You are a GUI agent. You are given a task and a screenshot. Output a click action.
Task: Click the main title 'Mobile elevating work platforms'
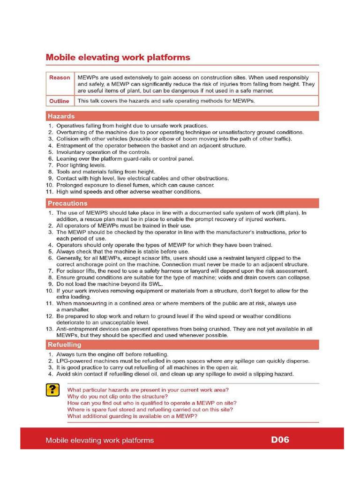pos(118,58)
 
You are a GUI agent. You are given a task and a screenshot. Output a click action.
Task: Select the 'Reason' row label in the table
pos(60,78)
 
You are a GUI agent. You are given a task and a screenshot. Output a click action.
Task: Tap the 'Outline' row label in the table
pos(60,101)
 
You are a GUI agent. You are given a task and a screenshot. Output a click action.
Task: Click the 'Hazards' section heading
pos(61,116)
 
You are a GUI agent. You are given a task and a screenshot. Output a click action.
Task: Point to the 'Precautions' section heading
pos(67,203)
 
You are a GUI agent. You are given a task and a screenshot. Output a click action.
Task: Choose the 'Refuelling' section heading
pos(64,345)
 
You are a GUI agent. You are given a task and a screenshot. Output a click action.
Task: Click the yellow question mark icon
pos(52,390)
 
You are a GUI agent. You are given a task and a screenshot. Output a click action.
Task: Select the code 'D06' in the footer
pos(280,440)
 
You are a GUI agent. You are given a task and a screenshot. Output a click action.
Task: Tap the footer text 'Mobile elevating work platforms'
pos(99,440)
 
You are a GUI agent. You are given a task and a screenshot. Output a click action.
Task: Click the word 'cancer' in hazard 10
pos(205,185)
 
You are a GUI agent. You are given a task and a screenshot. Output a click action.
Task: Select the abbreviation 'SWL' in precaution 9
pos(155,284)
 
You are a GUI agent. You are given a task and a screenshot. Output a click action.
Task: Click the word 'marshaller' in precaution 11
pos(73,310)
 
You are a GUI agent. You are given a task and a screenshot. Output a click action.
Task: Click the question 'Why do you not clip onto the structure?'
pos(117,397)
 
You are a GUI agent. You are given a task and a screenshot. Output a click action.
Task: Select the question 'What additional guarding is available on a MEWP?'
pos(132,416)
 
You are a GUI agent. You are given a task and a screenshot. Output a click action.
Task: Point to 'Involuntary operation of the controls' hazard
pos(103,152)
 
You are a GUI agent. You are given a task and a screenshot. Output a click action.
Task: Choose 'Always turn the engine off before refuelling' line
pos(112,354)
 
